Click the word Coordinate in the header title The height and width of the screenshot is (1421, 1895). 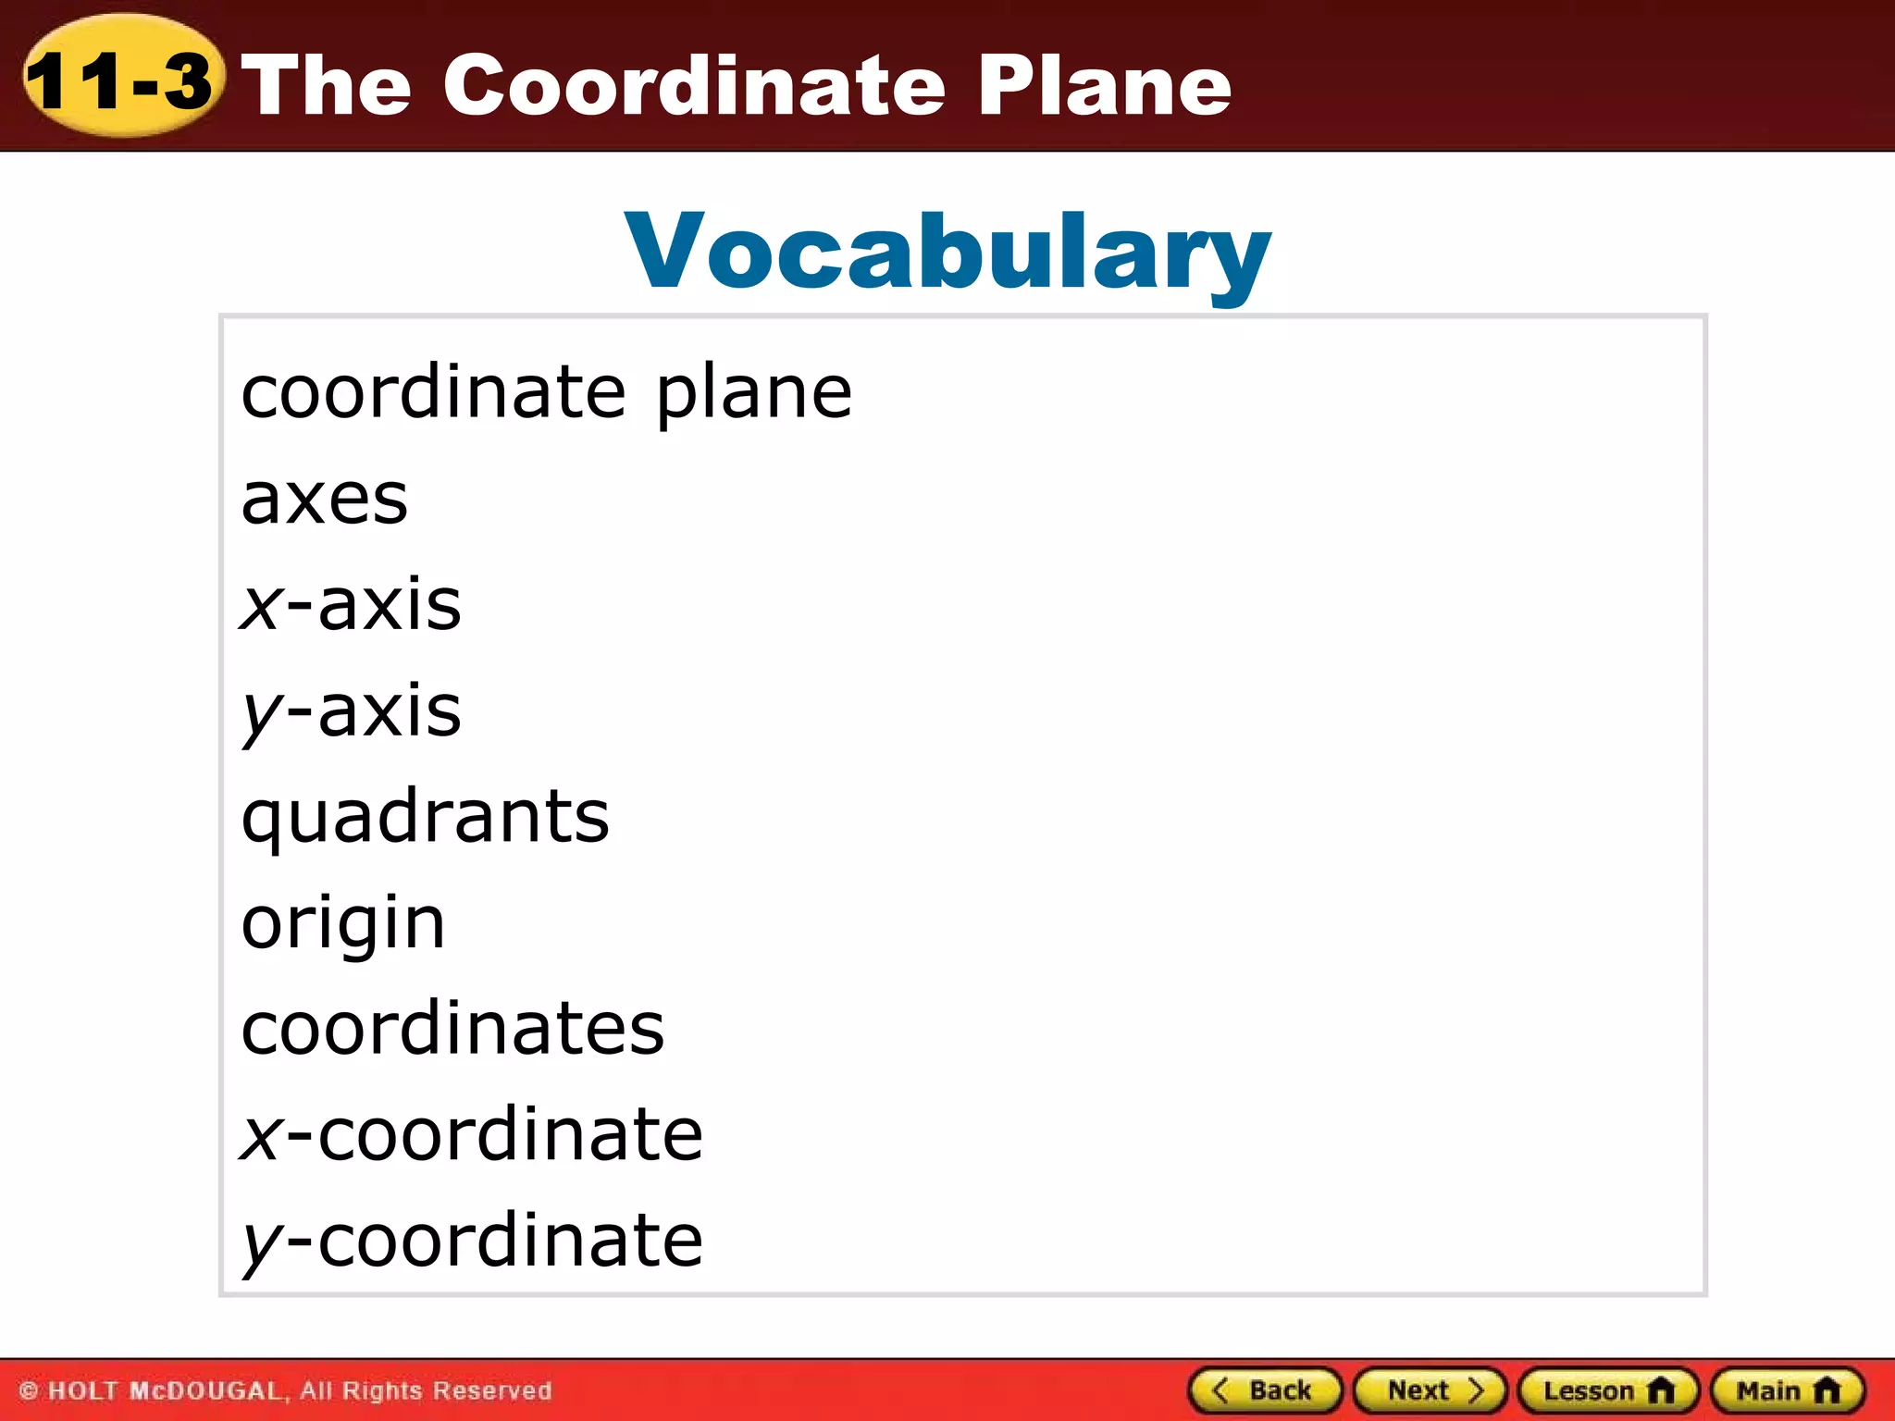coord(694,85)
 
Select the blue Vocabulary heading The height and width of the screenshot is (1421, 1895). coord(947,252)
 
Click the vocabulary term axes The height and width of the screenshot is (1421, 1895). coord(324,499)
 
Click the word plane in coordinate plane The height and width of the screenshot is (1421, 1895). coord(754,392)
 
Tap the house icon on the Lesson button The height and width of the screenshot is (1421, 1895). coord(1662,1390)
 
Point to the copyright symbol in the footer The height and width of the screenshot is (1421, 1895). coord(29,1390)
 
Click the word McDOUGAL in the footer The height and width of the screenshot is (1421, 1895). coord(205,1390)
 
